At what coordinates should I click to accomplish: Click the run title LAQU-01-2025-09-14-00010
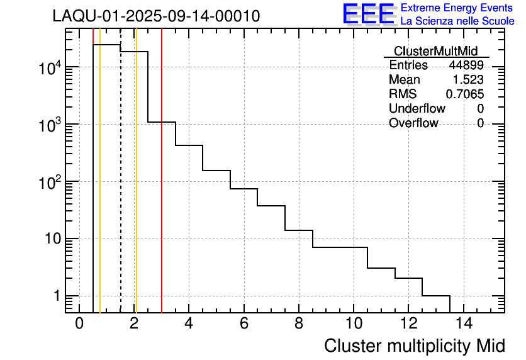tap(156, 16)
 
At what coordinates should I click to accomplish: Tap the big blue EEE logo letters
tap(369, 14)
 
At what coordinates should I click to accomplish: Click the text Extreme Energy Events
tap(457, 8)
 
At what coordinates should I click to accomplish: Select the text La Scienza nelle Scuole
tap(457, 21)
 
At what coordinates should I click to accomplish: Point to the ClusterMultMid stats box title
tap(435, 51)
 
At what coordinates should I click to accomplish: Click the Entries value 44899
tap(466, 65)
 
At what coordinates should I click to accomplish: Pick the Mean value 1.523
tap(468, 80)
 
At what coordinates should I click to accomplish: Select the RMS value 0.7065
tap(465, 94)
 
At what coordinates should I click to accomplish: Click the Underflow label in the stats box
tap(417, 109)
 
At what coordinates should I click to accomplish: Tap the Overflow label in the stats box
tap(413, 123)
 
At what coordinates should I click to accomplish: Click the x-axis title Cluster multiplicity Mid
tap(414, 346)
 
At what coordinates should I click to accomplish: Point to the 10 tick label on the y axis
tap(50, 239)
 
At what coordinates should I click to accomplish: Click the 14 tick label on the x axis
tap(463, 324)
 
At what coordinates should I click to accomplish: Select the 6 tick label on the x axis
tap(243, 324)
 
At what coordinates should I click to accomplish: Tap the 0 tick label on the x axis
tap(79, 324)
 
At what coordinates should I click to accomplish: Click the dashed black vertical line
tap(120, 189)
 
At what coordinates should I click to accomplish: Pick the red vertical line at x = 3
tap(162, 189)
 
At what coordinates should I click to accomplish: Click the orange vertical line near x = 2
tap(136, 189)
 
